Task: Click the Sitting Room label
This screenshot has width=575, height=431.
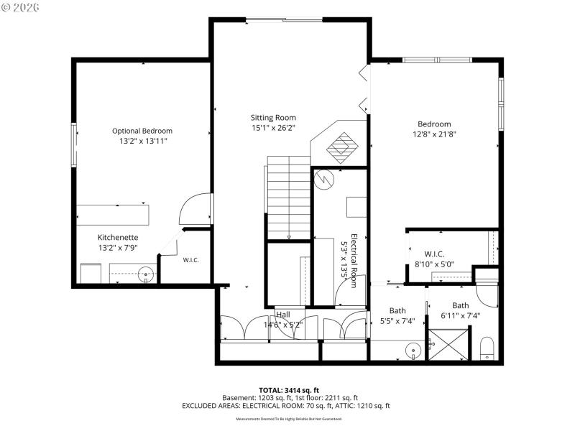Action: pyautogui.click(x=273, y=118)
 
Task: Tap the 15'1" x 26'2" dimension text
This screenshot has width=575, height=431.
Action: pyautogui.click(x=273, y=128)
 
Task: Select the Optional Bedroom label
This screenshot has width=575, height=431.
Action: pyautogui.click(x=142, y=131)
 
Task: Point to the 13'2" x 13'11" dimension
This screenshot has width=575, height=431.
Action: pyautogui.click(x=142, y=141)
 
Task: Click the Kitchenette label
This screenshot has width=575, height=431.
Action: pyautogui.click(x=118, y=237)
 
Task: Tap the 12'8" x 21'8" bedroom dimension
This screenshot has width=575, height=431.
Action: pyautogui.click(x=435, y=134)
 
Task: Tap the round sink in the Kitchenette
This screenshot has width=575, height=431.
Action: pyautogui.click(x=147, y=274)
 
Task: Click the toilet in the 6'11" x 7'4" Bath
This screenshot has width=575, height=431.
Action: pyautogui.click(x=487, y=347)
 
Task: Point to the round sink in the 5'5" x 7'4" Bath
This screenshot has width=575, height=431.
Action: pyautogui.click(x=413, y=351)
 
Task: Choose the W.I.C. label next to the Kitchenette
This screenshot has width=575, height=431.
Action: pyautogui.click(x=190, y=260)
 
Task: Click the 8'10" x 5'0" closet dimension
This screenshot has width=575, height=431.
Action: pyautogui.click(x=434, y=264)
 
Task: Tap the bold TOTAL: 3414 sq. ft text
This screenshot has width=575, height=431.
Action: pyautogui.click(x=287, y=389)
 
